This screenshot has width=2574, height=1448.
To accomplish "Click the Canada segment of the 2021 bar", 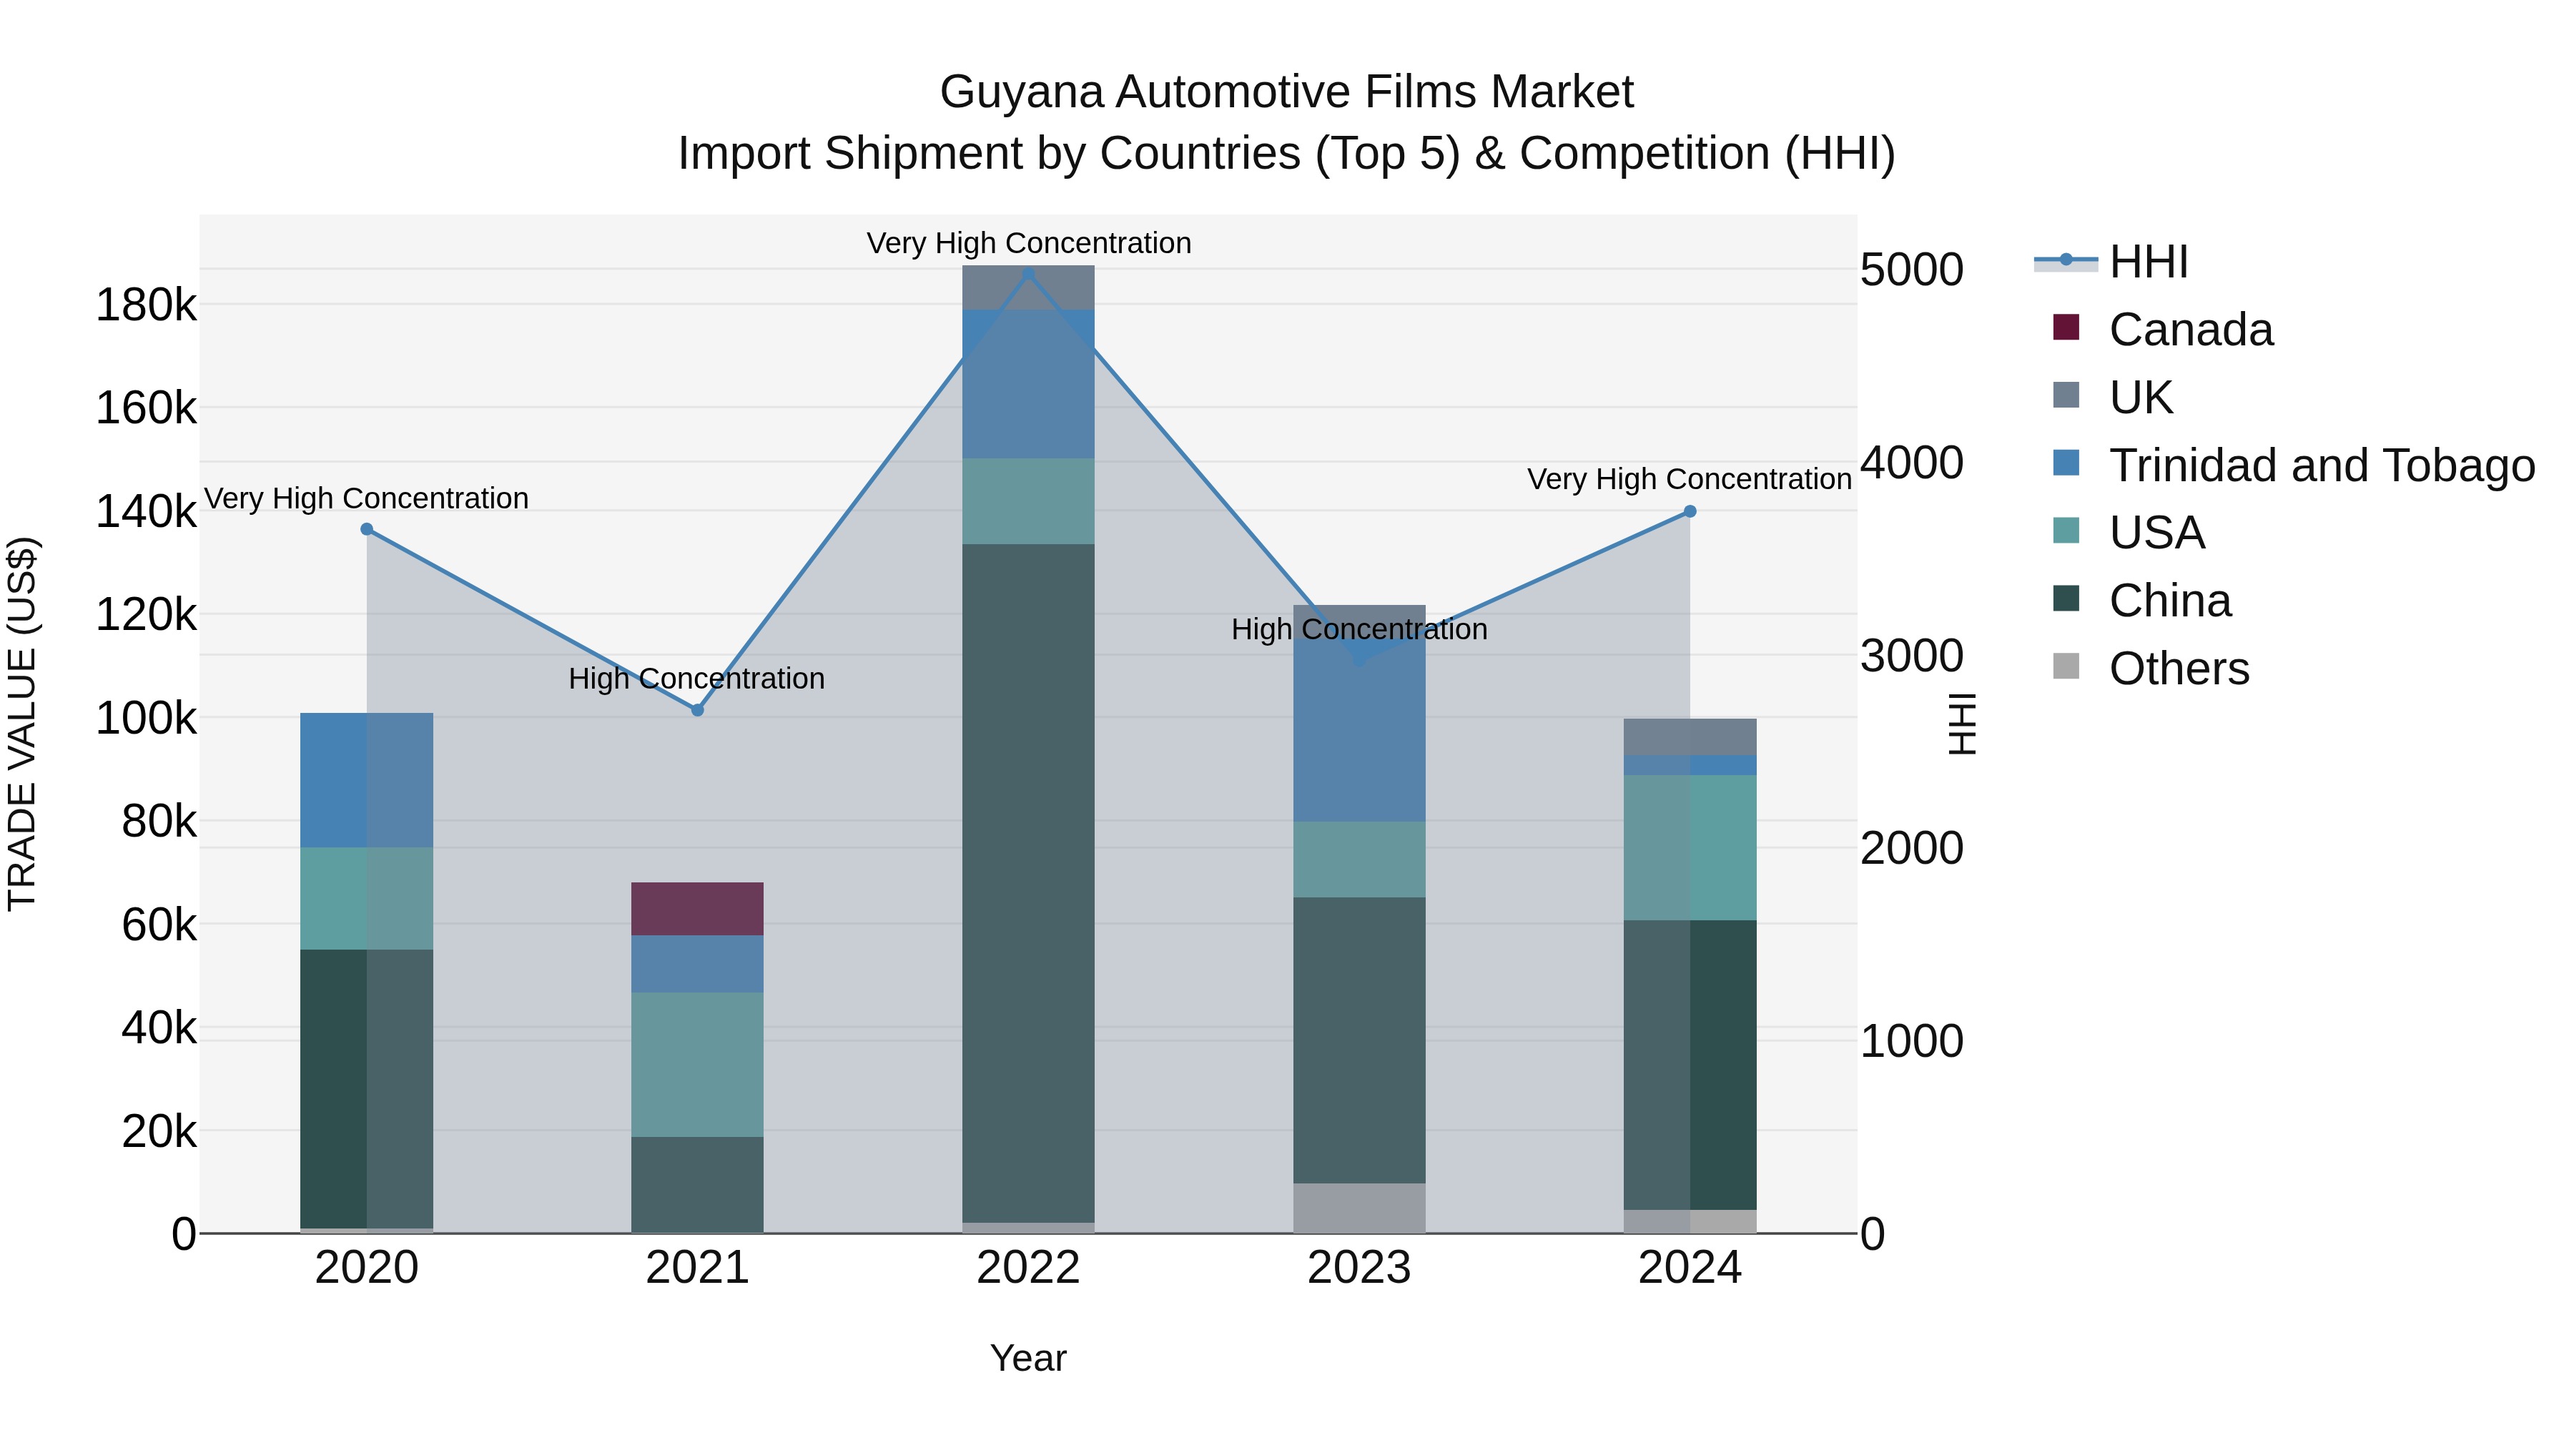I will [x=696, y=908].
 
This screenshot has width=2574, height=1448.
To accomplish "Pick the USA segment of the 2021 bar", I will [x=696, y=1063].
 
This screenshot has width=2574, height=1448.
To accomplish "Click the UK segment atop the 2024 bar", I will [x=1689, y=737].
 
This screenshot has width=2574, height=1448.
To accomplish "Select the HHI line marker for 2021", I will [x=697, y=709].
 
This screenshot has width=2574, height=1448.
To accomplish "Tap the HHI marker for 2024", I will [x=1690, y=511].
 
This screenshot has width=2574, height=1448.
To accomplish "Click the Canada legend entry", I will [x=2189, y=330].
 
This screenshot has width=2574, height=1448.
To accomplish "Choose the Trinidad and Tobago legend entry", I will [x=2320, y=466].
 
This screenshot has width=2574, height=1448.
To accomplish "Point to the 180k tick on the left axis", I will [x=146, y=305].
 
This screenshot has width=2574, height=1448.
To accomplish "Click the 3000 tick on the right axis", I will [x=1910, y=656].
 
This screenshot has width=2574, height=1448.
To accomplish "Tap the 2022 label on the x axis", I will [x=1027, y=1268].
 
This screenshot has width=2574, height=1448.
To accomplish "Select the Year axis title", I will [x=1027, y=1358].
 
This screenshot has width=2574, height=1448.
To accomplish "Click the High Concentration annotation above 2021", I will [x=696, y=679].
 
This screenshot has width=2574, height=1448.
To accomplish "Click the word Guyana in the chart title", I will [x=1021, y=92].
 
